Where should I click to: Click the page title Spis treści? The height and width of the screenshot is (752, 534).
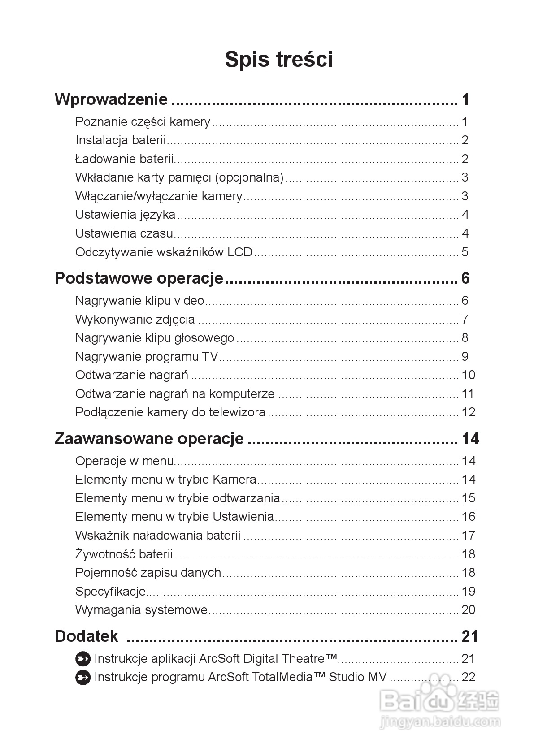(278, 60)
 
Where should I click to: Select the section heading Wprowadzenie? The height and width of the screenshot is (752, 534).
(111, 99)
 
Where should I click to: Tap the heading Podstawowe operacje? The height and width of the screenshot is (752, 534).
(139, 278)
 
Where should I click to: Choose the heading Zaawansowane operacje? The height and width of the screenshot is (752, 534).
(149, 438)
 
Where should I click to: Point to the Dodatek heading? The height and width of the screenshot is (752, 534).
(87, 636)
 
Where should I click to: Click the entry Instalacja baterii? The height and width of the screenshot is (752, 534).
(121, 140)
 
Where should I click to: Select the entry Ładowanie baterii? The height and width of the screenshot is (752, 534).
(124, 159)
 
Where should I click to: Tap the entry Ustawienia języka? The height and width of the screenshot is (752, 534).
(125, 215)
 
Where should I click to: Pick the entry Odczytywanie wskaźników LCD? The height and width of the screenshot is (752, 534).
(164, 252)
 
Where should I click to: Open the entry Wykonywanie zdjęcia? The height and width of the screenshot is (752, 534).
(135, 320)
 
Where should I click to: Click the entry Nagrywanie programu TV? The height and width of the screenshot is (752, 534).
(147, 357)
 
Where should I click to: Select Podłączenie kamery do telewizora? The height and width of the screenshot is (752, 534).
(170, 412)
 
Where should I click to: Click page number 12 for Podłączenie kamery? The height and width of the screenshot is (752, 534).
(468, 412)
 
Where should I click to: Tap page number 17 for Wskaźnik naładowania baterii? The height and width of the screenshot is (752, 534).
(468, 536)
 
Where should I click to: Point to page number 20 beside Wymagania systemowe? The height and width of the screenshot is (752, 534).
(468, 610)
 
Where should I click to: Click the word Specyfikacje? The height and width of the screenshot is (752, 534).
(110, 592)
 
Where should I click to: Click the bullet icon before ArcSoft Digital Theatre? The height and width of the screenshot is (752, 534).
(83, 659)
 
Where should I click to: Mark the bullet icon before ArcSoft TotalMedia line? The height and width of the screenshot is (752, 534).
(83, 677)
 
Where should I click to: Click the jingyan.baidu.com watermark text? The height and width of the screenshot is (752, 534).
(440, 722)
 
